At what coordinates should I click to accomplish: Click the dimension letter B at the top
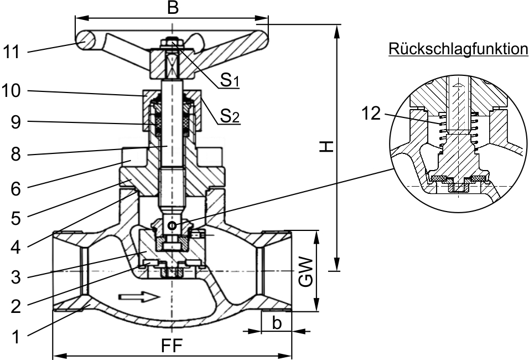[x=173, y=7]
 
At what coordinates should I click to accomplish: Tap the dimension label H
[x=326, y=146]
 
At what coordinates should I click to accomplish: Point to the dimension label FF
[x=172, y=345]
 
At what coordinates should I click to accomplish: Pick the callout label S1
[x=230, y=80]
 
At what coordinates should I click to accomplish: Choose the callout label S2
[x=230, y=116]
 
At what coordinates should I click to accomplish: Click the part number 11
[x=12, y=53]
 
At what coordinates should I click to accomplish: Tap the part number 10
[x=12, y=91]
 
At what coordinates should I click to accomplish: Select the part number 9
[x=15, y=122]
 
